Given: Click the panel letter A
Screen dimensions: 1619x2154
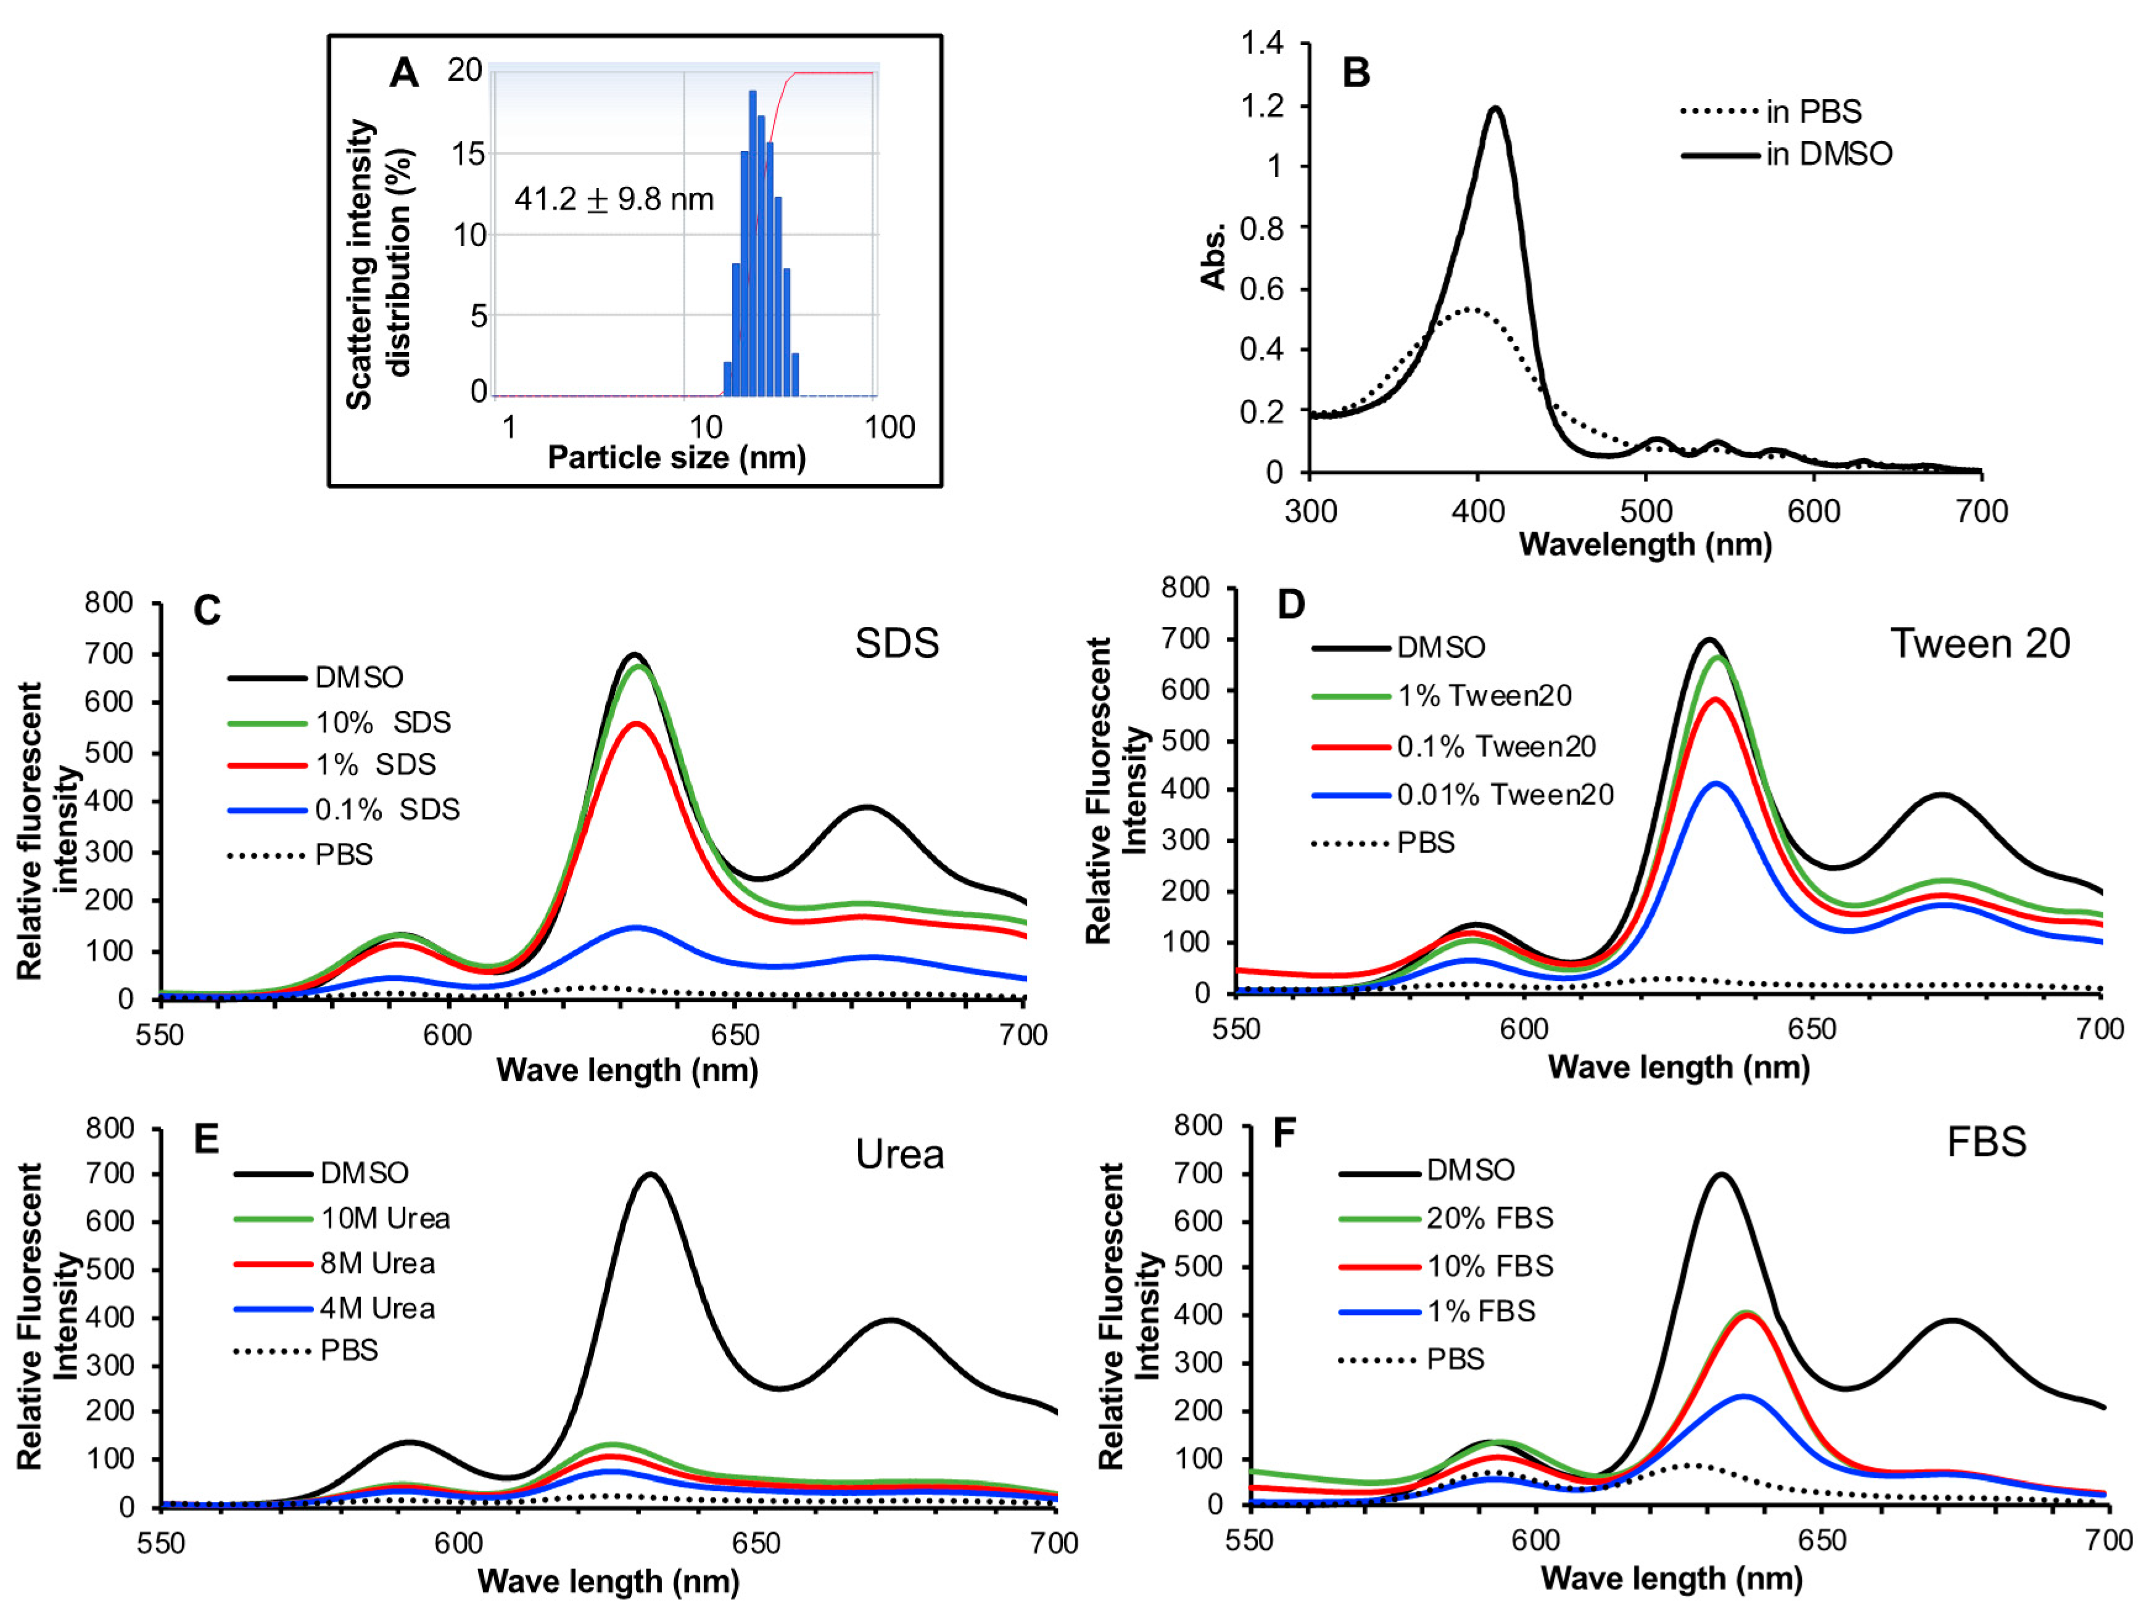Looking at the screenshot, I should (x=404, y=73).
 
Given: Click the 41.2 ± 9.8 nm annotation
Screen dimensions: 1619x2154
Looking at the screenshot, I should (x=614, y=200).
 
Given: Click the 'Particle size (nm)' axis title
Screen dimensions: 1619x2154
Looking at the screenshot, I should (x=677, y=457).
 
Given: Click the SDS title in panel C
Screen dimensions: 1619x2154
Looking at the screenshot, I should (x=897, y=644).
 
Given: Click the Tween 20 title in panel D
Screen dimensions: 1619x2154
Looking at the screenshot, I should (x=1979, y=644).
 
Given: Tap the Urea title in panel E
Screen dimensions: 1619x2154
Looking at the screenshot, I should (x=900, y=1155).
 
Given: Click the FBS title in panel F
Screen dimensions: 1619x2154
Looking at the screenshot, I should (x=1986, y=1142).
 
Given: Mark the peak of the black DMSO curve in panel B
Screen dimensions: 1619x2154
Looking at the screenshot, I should (x=1495, y=109).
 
